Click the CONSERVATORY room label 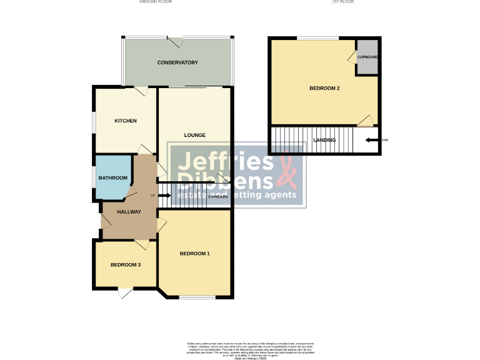(177, 62)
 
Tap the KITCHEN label (125, 121)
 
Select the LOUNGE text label (194, 135)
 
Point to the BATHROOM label (112, 178)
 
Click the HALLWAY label (129, 212)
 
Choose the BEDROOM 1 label (194, 253)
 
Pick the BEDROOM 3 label (125, 264)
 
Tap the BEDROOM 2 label (324, 88)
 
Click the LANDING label (324, 140)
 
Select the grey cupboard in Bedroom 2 (367, 57)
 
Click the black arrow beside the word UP (164, 196)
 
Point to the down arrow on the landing (371, 140)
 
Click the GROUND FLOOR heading (156, 2)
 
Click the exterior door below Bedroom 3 (126, 291)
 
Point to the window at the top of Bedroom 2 (317, 39)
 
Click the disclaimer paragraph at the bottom (250, 349)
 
